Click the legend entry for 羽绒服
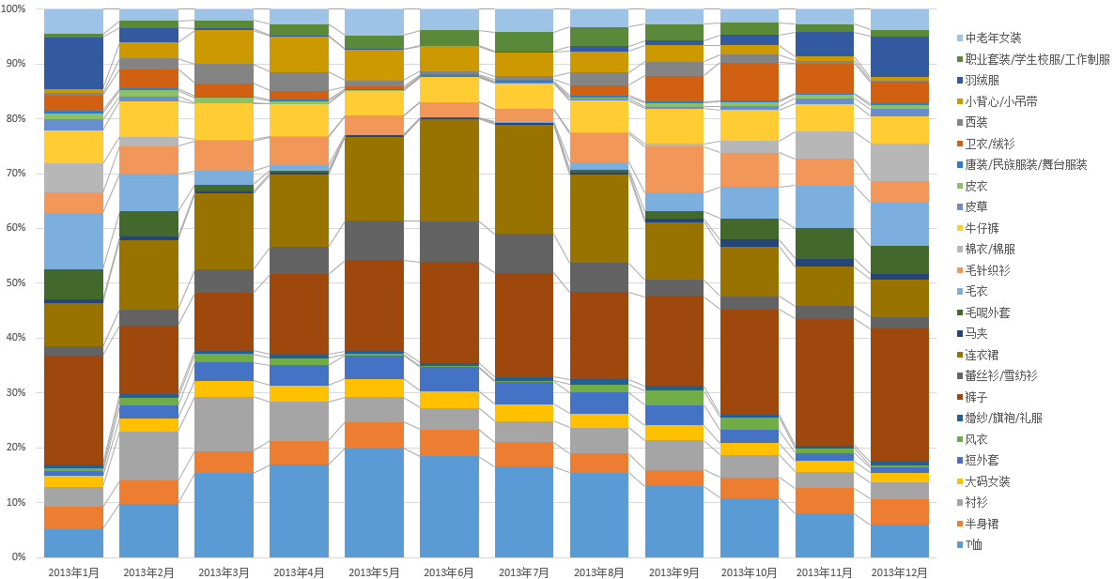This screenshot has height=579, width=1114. point(985,80)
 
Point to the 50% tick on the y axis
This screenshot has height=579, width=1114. point(20,282)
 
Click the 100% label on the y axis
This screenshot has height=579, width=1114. point(18,9)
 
